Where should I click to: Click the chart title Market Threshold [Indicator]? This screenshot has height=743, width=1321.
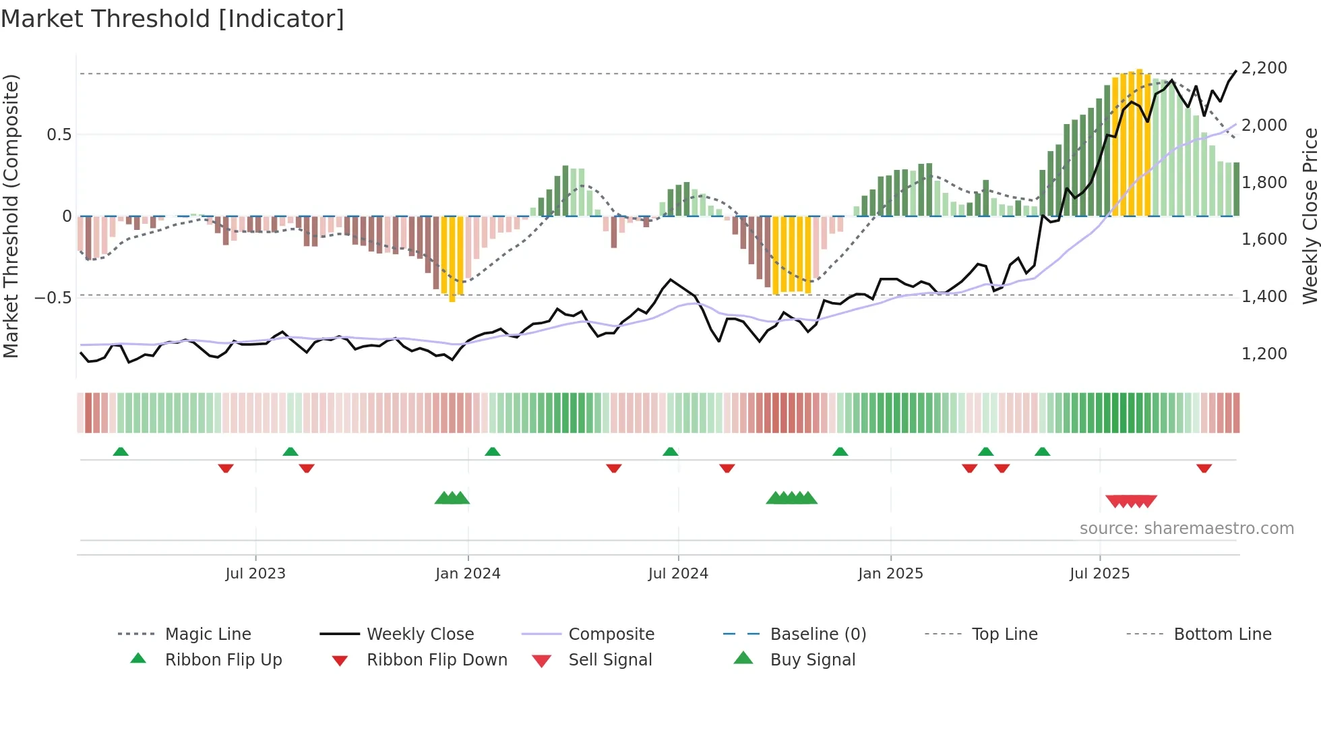pyautogui.click(x=173, y=19)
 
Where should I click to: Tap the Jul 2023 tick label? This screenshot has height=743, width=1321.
pyautogui.click(x=255, y=574)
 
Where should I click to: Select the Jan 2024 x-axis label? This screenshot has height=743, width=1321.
pyautogui.click(x=468, y=574)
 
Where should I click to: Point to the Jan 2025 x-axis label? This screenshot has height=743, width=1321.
pyautogui.click(x=890, y=574)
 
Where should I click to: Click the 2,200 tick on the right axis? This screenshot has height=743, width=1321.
pyautogui.click(x=1264, y=68)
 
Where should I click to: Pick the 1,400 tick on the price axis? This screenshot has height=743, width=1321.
pyautogui.click(x=1264, y=296)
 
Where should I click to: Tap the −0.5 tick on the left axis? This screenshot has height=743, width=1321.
pyautogui.click(x=53, y=297)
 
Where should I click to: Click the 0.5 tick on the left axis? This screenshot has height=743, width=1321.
pyautogui.click(x=59, y=135)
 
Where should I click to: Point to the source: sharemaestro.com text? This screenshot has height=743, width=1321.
pyautogui.click(x=1186, y=529)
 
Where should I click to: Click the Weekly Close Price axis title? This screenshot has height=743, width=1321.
pyautogui.click(x=1310, y=216)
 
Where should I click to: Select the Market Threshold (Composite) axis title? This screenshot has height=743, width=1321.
pyautogui.click(x=11, y=216)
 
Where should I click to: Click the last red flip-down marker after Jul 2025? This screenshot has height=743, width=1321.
pyautogui.click(x=1204, y=468)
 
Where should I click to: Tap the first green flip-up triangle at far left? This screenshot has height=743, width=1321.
pyautogui.click(x=121, y=452)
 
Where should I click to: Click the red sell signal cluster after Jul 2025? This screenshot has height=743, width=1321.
pyautogui.click(x=1131, y=502)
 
